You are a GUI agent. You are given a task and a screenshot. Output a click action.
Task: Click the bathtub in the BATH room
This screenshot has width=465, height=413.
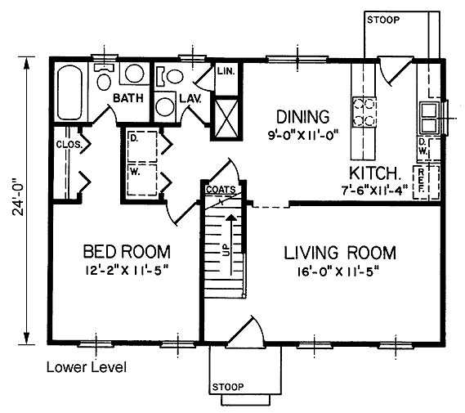pyautogui.click(x=69, y=92)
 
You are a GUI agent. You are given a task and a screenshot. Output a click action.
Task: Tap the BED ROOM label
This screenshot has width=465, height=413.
pyautogui.click(x=127, y=252)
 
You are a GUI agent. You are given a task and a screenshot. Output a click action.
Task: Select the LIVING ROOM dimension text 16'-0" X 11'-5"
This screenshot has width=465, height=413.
pyautogui.click(x=339, y=272)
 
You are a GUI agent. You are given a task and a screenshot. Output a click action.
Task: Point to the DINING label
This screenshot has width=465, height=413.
pyautogui.click(x=303, y=117)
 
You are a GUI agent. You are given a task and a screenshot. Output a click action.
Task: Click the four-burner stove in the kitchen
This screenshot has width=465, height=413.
pyautogui.click(x=364, y=112)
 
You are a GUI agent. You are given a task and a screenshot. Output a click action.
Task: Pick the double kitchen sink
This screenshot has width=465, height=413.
pyautogui.click(x=429, y=118)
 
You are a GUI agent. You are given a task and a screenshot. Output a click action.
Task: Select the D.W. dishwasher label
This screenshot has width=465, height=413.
pyautogui.click(x=423, y=147)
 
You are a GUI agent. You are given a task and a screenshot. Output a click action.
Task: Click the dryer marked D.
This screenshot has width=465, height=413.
pyautogui.click(x=142, y=147)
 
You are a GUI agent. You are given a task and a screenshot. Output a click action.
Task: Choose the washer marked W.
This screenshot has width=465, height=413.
pyautogui.click(x=142, y=179)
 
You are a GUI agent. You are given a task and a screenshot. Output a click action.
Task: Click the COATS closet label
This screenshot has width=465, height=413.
pyautogui.click(x=221, y=190)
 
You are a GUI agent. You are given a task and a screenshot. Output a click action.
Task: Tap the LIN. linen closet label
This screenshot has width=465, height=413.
pyautogui.click(x=226, y=71)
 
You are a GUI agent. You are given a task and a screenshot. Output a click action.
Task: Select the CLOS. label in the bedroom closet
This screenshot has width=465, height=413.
pyautogui.click(x=69, y=145)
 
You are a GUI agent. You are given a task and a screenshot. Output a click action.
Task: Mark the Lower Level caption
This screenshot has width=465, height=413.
pyautogui.click(x=87, y=367)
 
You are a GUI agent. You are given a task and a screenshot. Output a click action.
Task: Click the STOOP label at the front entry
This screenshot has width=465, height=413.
pyautogui.click(x=228, y=387)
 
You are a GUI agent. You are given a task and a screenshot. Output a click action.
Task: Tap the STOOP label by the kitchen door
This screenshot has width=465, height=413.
pyautogui.click(x=383, y=20)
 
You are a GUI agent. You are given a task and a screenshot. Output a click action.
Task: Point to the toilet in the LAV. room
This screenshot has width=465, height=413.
pyautogui.click(x=170, y=77)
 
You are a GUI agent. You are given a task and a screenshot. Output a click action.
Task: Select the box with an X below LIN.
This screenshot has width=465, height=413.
pyautogui.click(x=226, y=119)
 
